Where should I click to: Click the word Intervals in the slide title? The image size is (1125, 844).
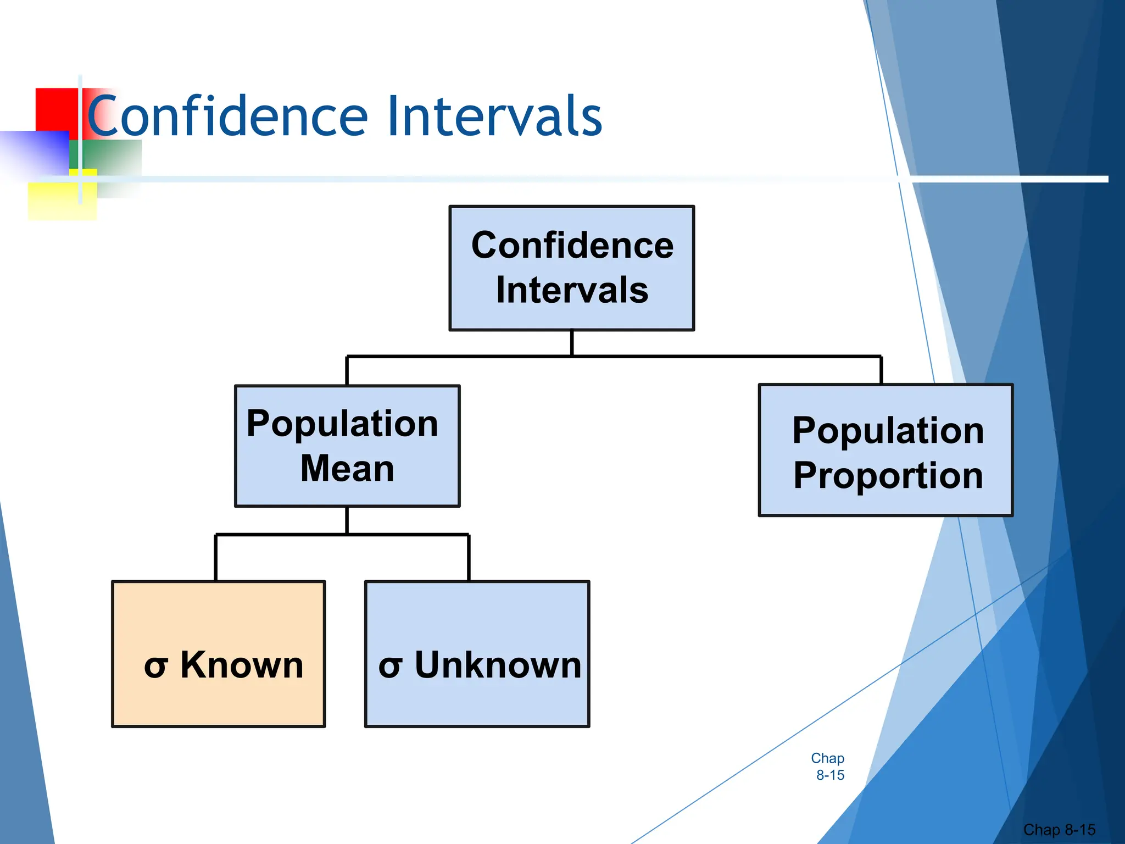(494, 116)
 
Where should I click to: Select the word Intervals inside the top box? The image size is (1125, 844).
(572, 290)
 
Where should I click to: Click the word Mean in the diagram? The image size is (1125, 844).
(347, 469)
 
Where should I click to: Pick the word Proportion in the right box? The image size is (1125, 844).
(888, 475)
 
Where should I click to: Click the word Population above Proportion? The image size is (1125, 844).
(888, 430)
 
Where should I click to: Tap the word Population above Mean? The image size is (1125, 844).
(342, 424)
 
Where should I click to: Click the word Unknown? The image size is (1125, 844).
(498, 665)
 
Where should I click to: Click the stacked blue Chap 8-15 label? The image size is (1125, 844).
(828, 767)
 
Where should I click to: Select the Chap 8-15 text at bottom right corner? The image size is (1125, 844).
(1059, 829)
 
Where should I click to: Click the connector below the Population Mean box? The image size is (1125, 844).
(347, 520)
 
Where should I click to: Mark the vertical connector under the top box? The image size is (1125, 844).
(572, 343)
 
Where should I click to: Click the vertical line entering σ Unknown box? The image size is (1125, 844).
(469, 558)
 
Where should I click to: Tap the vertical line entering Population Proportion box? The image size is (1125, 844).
(881, 370)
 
